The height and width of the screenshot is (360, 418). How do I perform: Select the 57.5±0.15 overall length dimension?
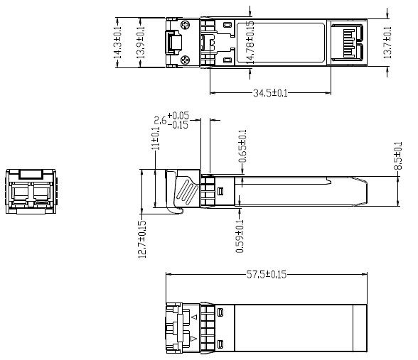[x=265, y=275]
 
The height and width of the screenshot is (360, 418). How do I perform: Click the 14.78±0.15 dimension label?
[x=250, y=42]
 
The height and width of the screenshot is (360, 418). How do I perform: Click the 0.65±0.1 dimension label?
[x=243, y=146]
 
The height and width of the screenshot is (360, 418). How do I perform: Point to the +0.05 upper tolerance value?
[x=177, y=116]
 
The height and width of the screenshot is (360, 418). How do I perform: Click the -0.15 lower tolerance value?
[x=177, y=125]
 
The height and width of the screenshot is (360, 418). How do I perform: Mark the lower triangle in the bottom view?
[x=193, y=342]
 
